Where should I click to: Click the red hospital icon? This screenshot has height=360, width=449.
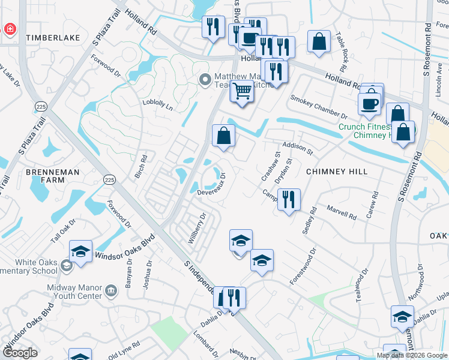pos(10,29)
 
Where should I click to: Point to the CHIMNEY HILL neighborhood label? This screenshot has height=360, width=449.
pos(336,172)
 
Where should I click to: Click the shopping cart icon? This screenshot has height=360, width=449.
pos(242,92)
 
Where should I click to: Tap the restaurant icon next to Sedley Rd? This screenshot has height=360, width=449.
pos(289,199)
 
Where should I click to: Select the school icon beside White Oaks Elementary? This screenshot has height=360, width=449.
pos(80,251)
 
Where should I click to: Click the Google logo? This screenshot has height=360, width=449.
pos(20,353)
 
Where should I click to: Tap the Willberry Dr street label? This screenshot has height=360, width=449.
pos(197,229)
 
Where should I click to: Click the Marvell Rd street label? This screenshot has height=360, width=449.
pos(342,211)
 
